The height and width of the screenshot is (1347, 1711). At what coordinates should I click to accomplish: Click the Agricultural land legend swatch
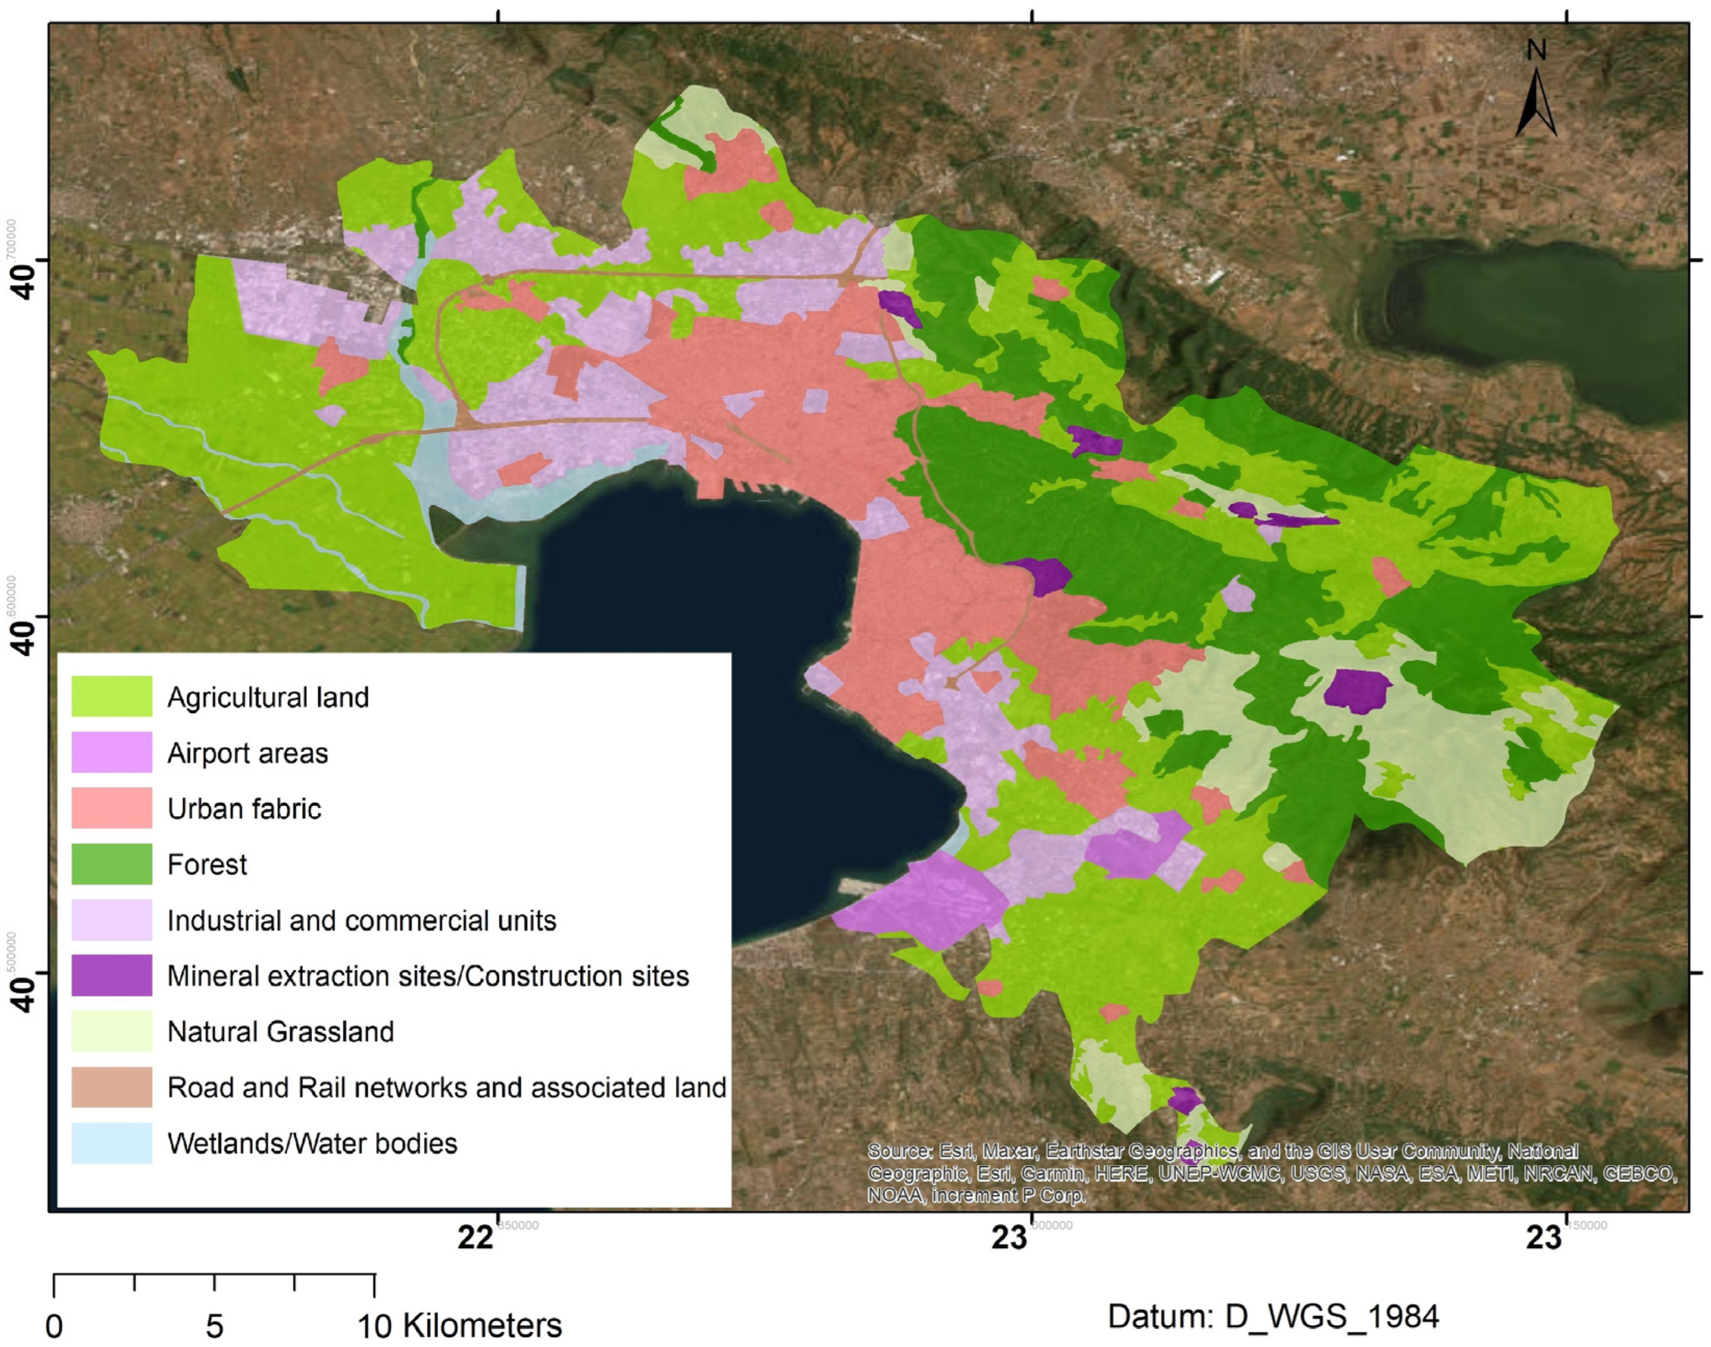(111, 696)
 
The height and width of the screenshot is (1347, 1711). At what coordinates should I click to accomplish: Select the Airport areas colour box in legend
(111, 751)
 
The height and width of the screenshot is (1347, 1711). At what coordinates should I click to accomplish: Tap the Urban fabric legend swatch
(111, 807)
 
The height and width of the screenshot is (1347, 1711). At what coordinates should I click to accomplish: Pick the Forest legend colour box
(111, 863)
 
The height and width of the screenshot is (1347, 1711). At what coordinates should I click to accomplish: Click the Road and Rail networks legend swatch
(111, 1087)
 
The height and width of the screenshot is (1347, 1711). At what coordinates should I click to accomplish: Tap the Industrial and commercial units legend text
(361, 920)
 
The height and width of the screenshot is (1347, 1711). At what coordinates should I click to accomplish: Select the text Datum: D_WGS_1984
(1273, 1315)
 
